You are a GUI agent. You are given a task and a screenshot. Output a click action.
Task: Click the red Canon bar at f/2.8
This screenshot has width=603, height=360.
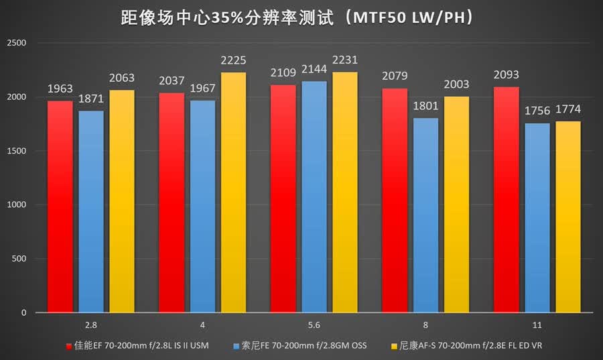60,206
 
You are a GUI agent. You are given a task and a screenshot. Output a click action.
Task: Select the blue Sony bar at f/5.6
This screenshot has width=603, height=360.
314,196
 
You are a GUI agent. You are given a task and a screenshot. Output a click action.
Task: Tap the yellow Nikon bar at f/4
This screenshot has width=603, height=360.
233,192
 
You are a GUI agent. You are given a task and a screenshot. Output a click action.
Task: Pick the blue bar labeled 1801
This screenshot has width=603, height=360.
425,215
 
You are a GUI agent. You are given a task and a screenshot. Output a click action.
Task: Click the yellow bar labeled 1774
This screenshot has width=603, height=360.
568,217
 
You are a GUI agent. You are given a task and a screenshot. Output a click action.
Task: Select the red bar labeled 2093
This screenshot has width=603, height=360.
507,200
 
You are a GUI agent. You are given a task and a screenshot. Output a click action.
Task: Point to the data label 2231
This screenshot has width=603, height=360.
345,60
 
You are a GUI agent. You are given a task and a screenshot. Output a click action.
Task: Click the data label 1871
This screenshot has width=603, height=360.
91,99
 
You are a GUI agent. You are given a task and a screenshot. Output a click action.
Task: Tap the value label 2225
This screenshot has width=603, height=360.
233,60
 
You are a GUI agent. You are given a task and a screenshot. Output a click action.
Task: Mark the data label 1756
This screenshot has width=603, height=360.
537,111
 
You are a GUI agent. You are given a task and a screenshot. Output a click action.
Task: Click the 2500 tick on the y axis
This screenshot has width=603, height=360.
17,43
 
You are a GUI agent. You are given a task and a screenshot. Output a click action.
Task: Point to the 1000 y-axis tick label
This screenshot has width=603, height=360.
17,204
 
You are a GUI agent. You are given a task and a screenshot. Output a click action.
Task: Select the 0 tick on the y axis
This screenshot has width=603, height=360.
24,312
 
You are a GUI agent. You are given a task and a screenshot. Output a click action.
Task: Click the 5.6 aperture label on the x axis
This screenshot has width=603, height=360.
314,325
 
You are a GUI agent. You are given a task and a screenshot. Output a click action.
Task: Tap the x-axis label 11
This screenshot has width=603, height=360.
537,325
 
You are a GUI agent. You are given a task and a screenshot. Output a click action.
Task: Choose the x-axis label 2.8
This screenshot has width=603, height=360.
90,325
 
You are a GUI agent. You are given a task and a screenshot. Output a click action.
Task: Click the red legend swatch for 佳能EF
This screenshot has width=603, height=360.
69,346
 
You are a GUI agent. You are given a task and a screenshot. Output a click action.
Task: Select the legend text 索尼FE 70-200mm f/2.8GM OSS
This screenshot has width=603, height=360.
304,345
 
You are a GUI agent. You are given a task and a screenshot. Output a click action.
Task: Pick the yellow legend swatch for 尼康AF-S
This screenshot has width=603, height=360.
394,346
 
